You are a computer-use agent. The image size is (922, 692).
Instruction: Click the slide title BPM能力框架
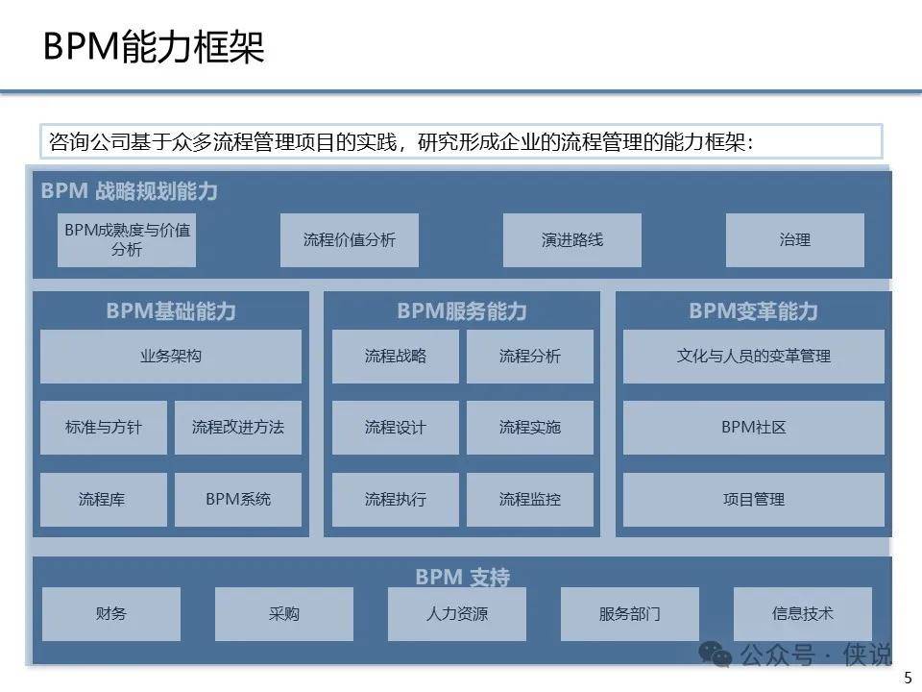tap(154, 46)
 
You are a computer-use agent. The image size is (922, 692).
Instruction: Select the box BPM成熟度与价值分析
tap(127, 240)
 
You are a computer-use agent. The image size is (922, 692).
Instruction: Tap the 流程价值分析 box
tap(350, 240)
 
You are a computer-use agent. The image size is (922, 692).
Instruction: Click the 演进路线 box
tap(572, 240)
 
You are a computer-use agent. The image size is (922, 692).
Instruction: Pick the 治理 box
tap(795, 240)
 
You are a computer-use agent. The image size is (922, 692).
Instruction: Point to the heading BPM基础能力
tap(171, 310)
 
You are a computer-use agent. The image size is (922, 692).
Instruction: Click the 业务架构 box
tap(171, 356)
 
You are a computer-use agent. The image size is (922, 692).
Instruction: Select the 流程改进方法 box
tap(238, 427)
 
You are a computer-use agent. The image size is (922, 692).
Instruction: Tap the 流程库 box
tap(104, 500)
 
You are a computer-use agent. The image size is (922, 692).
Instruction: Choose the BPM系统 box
tap(238, 500)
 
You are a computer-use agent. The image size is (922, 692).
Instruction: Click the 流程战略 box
tap(395, 356)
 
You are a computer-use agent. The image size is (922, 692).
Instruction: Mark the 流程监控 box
tap(530, 500)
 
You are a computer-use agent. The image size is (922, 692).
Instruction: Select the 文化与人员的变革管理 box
tap(754, 356)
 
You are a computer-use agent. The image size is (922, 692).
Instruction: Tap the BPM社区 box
tap(754, 427)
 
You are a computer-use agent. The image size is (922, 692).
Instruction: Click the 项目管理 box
tap(754, 500)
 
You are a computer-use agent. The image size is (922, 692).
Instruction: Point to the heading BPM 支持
tap(463, 577)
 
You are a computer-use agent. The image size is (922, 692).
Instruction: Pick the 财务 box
tap(111, 614)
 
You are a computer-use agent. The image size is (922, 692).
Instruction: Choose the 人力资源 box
tap(457, 614)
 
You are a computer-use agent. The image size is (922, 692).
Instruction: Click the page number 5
tap(908, 678)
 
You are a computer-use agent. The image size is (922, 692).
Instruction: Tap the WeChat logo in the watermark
tap(715, 654)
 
